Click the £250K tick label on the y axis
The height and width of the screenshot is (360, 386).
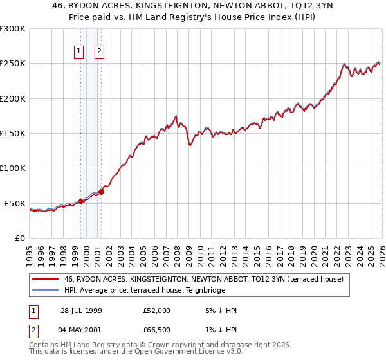click(x=13, y=64)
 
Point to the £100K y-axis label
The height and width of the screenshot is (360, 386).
click(x=13, y=168)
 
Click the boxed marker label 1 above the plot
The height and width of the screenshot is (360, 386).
click(x=78, y=52)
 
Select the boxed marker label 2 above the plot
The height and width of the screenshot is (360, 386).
click(x=100, y=52)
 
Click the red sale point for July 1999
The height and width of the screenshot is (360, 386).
click(x=81, y=201)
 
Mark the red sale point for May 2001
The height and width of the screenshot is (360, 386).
click(x=101, y=192)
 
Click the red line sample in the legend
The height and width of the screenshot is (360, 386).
click(x=46, y=279)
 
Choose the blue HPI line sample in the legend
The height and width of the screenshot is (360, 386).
click(x=46, y=290)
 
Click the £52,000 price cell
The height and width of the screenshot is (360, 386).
click(x=157, y=310)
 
